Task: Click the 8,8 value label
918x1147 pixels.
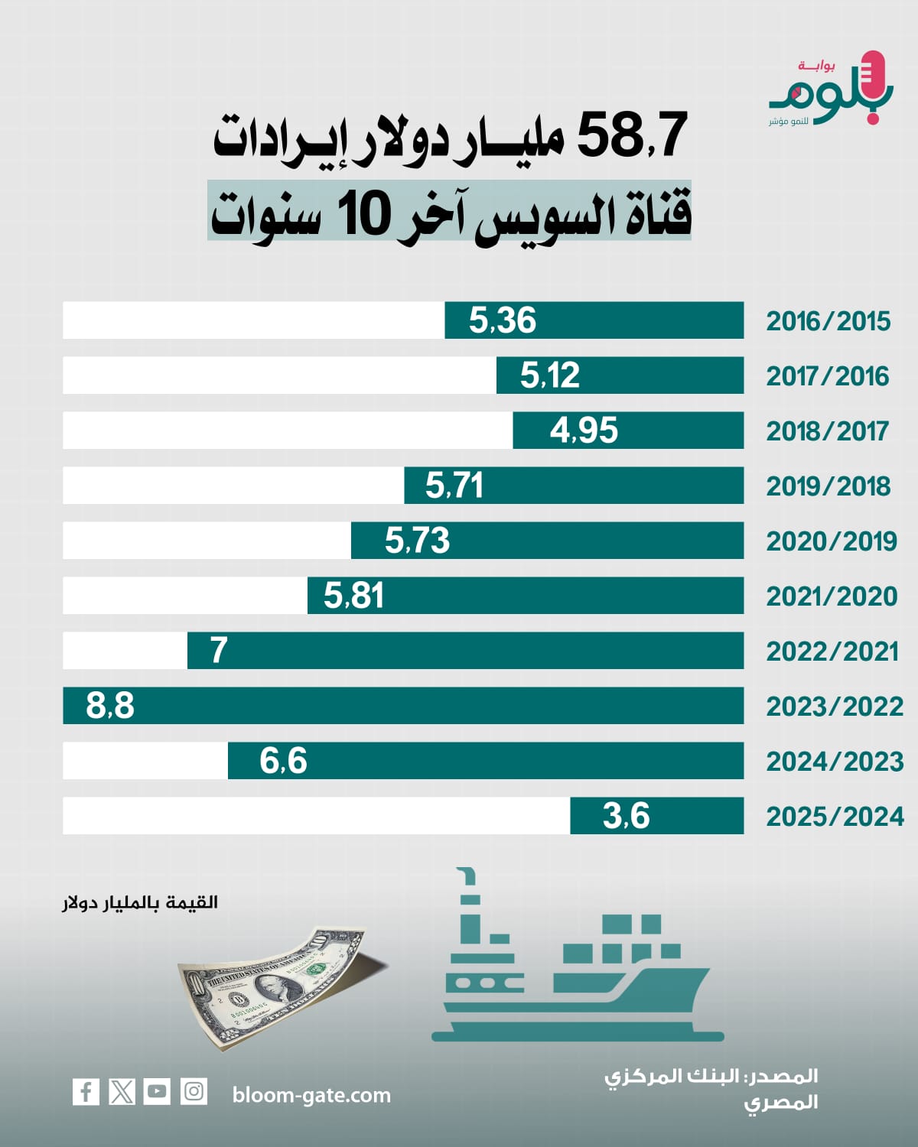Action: pyautogui.click(x=110, y=706)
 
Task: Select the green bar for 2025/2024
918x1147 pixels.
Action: pyautogui.click(x=656, y=816)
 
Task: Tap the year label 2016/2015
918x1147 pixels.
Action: pyautogui.click(x=828, y=321)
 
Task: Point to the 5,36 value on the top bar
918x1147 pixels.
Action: pyautogui.click(x=503, y=320)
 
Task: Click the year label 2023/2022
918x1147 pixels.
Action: pyautogui.click(x=835, y=707)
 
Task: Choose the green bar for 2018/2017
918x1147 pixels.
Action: pyautogui.click(x=627, y=431)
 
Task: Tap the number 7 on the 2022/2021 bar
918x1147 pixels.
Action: pyautogui.click(x=219, y=651)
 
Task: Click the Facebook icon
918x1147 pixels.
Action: pyautogui.click(x=86, y=1091)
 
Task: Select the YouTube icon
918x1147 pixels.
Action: pyautogui.click(x=157, y=1091)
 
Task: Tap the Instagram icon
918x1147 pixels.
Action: pyautogui.click(x=194, y=1091)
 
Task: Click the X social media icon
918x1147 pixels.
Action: pyautogui.click(x=122, y=1091)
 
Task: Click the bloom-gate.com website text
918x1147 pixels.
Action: pyautogui.click(x=311, y=1095)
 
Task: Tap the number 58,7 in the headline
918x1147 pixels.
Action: pyautogui.click(x=632, y=136)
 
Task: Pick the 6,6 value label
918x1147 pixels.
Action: pyautogui.click(x=283, y=761)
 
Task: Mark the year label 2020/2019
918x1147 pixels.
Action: pyautogui.click(x=832, y=541)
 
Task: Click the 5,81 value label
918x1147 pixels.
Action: pyautogui.click(x=353, y=596)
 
